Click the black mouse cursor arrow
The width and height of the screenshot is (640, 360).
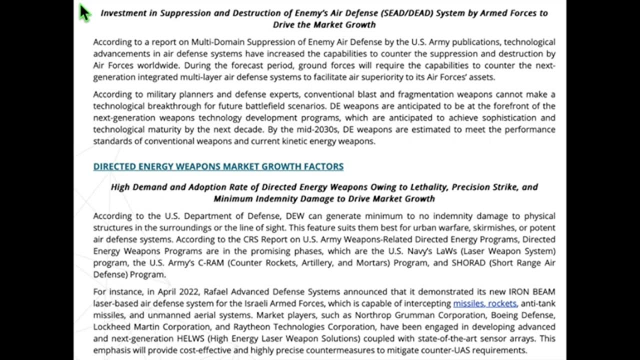[84, 12]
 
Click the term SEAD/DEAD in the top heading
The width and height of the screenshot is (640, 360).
[408, 13]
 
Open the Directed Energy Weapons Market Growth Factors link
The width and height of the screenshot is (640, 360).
[218, 166]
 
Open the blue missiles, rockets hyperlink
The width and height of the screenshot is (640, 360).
[484, 303]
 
